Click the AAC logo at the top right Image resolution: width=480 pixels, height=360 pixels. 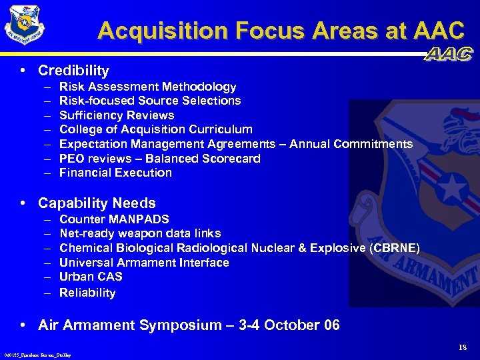(449, 55)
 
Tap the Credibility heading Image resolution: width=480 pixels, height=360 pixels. (73, 71)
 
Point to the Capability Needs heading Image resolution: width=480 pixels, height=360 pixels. (97, 203)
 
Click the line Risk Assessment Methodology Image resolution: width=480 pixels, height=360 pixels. (147, 87)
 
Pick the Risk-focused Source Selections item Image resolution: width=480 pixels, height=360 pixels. (150, 101)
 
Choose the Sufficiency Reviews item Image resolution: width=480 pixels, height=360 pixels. (117, 115)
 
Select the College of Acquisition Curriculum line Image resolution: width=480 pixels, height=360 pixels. (155, 129)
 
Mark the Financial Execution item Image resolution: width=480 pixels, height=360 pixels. (115, 173)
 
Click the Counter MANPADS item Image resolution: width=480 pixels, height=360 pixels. (114, 219)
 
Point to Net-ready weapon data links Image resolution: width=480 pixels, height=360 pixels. (140, 233)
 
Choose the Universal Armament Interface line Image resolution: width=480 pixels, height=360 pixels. (144, 263)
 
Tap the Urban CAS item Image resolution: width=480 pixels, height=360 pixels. (91, 277)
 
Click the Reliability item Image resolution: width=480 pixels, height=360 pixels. (87, 293)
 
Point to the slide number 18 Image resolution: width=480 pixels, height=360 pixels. (463, 347)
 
